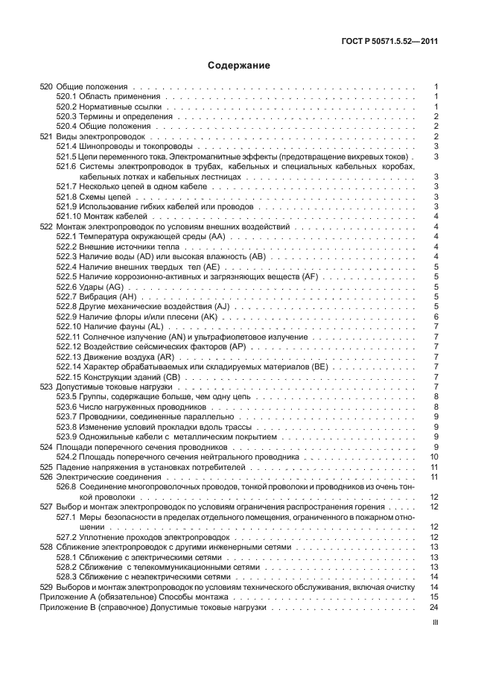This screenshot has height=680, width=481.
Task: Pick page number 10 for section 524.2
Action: pos(433,457)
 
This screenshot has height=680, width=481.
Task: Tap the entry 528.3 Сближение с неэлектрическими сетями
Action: pos(138,576)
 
